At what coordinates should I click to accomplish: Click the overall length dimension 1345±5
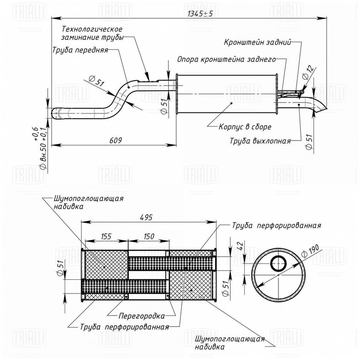tap(200, 14)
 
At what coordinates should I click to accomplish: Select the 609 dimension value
tap(115, 140)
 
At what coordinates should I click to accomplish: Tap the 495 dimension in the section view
tap(146, 217)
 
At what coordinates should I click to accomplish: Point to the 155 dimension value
tap(106, 236)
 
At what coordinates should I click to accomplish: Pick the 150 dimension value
tap(149, 236)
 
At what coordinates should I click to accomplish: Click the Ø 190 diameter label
tap(310, 251)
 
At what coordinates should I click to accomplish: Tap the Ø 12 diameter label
tap(307, 72)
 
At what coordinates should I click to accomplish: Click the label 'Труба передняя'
tap(80, 50)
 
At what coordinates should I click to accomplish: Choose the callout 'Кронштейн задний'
tap(257, 42)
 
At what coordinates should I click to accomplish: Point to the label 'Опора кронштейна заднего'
tap(226, 59)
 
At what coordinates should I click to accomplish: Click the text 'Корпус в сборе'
tap(245, 127)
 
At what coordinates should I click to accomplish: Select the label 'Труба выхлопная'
tap(260, 141)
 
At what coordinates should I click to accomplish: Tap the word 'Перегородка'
tap(142, 316)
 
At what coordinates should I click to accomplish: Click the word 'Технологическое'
tap(92, 29)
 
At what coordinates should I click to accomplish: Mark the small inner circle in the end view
tap(278, 263)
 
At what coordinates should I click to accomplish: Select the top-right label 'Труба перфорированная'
tap(277, 225)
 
